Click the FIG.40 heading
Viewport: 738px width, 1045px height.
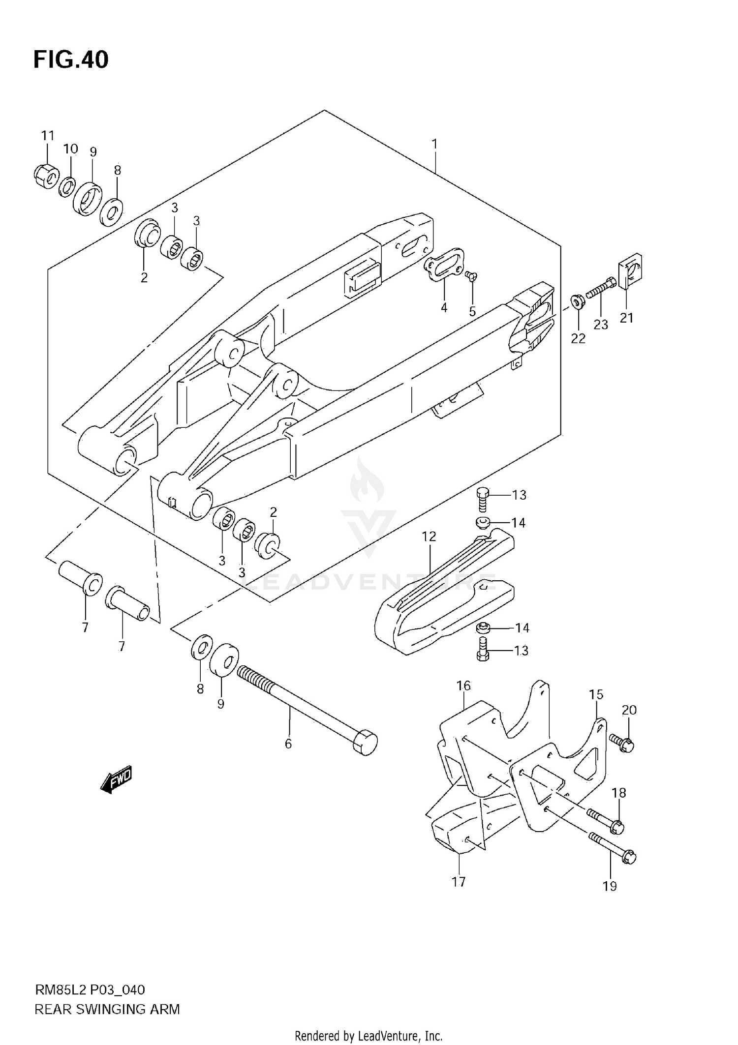(71, 60)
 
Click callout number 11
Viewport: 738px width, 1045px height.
(47, 135)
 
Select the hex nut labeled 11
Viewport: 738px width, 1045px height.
(46, 176)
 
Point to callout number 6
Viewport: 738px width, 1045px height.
(288, 744)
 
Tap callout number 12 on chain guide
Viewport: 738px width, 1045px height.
(429, 537)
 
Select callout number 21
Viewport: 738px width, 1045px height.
(626, 318)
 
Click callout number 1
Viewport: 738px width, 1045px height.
(434, 144)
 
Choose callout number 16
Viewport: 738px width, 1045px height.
(463, 686)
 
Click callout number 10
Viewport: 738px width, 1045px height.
(71, 149)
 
